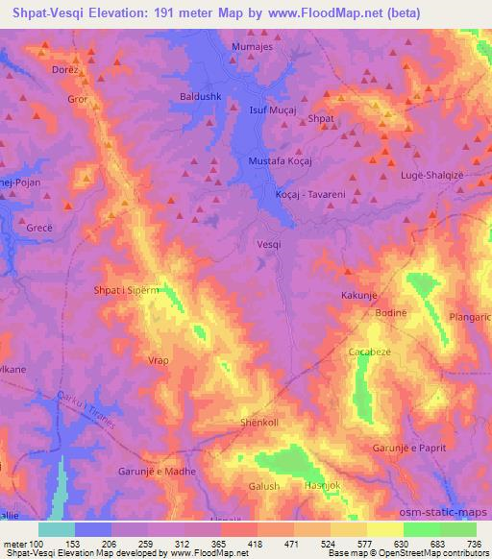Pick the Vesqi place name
(x=270, y=244)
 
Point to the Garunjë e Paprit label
(x=414, y=449)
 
